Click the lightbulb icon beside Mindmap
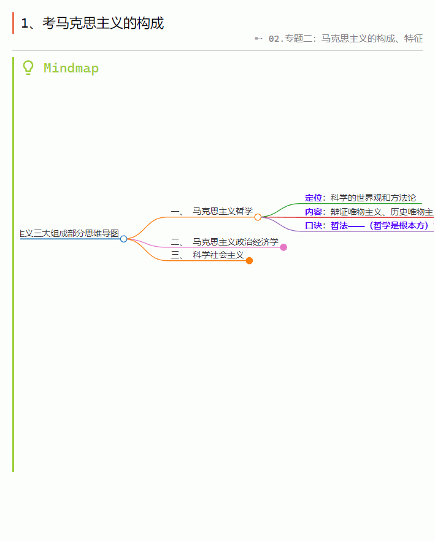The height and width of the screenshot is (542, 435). click(28, 68)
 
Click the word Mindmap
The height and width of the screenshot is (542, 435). click(71, 68)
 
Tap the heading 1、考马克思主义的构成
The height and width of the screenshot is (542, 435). click(92, 23)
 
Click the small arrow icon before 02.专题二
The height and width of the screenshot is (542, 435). click(258, 39)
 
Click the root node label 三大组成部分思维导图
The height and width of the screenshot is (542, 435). click(69, 233)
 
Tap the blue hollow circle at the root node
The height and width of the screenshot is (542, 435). click(124, 239)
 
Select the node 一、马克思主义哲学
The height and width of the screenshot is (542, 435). click(212, 211)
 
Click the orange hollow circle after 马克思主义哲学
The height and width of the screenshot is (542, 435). click(258, 217)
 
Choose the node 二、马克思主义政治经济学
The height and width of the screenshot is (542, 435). click(225, 242)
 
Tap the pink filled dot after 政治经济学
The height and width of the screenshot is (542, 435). click(283, 247)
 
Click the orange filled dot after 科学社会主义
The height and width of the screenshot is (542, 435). click(249, 261)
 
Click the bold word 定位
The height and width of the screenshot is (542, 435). click(314, 198)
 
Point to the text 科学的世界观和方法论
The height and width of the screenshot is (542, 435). click(373, 198)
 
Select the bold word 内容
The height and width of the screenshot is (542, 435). click(314, 212)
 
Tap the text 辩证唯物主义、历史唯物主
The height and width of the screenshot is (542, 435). click(382, 212)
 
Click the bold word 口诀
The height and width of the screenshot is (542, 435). click(314, 225)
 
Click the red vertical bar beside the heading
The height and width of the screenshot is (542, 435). click(13, 23)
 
